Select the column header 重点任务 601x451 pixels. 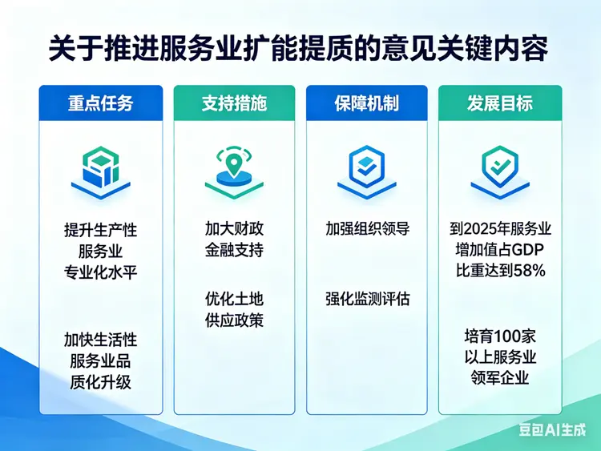click(x=101, y=103)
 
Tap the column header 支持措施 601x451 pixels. click(x=234, y=103)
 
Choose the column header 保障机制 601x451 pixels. click(x=367, y=103)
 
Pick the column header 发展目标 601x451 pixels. click(x=500, y=103)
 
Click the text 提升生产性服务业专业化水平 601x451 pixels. click(x=101, y=251)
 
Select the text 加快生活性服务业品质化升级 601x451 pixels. click(x=101, y=361)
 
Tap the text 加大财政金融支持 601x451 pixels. click(x=234, y=240)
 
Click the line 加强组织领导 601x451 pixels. click(x=367, y=229)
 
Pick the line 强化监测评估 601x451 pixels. click(x=367, y=300)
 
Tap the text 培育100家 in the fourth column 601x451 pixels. click(x=500, y=336)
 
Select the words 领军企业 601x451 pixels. click(x=500, y=377)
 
